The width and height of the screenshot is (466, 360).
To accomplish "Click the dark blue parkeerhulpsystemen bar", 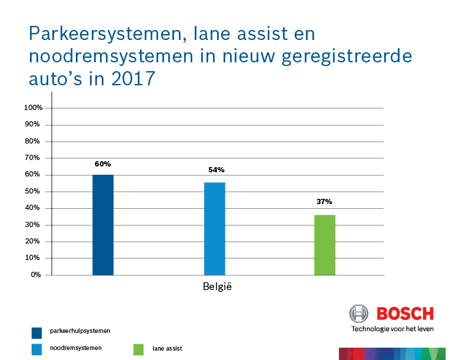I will click(103, 225).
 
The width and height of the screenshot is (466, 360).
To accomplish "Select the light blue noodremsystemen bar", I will click(214, 229).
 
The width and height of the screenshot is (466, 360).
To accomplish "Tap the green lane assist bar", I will click(324, 245).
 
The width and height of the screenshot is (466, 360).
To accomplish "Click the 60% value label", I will click(103, 164).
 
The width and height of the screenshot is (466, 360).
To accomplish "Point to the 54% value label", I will click(216, 170).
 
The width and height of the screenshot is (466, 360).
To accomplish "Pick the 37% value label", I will click(324, 201).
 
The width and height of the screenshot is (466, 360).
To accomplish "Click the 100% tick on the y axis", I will click(33, 108).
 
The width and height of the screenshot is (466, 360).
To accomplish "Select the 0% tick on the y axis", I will click(36, 275).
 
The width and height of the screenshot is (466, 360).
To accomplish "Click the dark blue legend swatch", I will click(37, 332).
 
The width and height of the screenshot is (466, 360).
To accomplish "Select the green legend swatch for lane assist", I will click(138, 349).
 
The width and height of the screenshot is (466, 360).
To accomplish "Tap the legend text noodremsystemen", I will click(76, 348).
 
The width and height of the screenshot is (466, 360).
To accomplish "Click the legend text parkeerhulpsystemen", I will click(80, 331).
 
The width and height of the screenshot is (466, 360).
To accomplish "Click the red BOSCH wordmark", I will click(405, 314).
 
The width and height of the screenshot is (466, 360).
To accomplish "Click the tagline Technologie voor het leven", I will click(392, 329).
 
